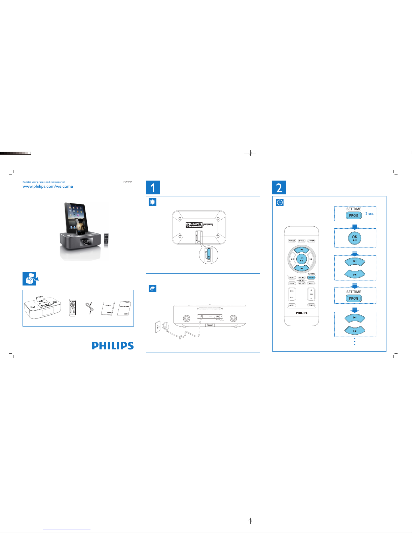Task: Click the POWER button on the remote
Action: click(292, 241)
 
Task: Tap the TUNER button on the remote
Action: click(311, 241)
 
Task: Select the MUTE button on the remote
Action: click(311, 283)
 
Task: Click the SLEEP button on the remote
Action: click(292, 283)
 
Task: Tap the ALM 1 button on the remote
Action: click(292, 305)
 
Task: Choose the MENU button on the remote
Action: click(292, 278)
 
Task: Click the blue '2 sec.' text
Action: click(370, 214)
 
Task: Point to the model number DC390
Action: click(128, 182)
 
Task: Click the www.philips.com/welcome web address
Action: click(48, 187)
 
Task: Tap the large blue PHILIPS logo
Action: click(113, 346)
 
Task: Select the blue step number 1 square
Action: click(153, 188)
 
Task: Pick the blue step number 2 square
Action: click(279, 188)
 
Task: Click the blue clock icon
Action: click(280, 202)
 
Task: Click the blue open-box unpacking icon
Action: click(30, 278)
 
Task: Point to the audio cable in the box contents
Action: click(89, 308)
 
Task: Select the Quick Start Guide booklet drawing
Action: click(124, 308)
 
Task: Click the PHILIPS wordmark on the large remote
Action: click(301, 313)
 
